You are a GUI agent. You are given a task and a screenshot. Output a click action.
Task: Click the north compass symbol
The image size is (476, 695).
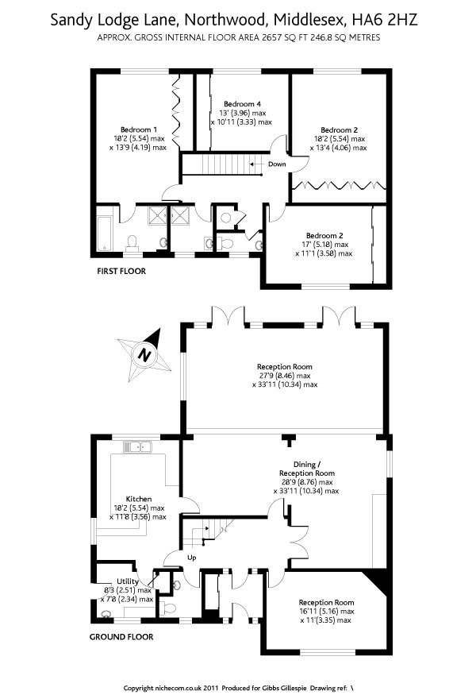pyautogui.click(x=144, y=353)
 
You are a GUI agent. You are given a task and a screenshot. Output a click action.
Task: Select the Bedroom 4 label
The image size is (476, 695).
pyautogui.click(x=243, y=104)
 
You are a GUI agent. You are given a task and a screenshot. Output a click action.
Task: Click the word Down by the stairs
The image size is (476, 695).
pyautogui.click(x=277, y=164)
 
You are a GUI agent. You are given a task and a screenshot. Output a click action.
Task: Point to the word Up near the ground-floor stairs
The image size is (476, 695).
pyautogui.click(x=191, y=557)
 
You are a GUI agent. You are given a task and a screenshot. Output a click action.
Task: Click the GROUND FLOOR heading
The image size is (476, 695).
pyautogui.click(x=121, y=636)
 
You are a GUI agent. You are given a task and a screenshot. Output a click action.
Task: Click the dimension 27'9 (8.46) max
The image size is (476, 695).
pyautogui.click(x=282, y=376)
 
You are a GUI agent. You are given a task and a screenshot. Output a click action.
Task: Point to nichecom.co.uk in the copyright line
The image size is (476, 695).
pyautogui.click(x=174, y=687)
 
